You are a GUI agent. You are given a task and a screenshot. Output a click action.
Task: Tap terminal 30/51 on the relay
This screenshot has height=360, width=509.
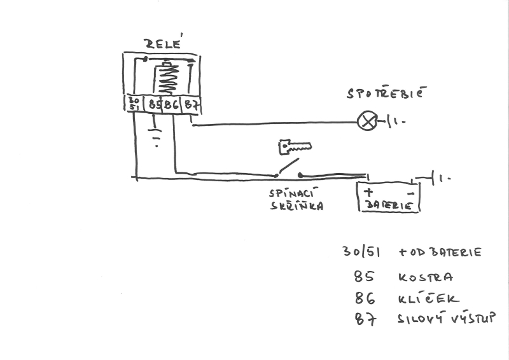[133, 104]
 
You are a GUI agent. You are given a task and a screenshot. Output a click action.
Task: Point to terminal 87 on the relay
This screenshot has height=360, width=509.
[191, 104]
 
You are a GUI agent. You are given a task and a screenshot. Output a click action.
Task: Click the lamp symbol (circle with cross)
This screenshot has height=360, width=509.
[367, 120]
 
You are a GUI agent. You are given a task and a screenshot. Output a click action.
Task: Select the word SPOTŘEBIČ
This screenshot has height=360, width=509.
[384, 93]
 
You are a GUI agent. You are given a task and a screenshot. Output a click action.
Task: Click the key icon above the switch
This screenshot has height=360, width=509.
[295, 148]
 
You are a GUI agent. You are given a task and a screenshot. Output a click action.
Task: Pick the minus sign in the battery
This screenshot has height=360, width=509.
[411, 191]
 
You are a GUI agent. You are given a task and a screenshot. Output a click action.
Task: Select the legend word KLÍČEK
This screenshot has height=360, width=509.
[428, 298]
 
